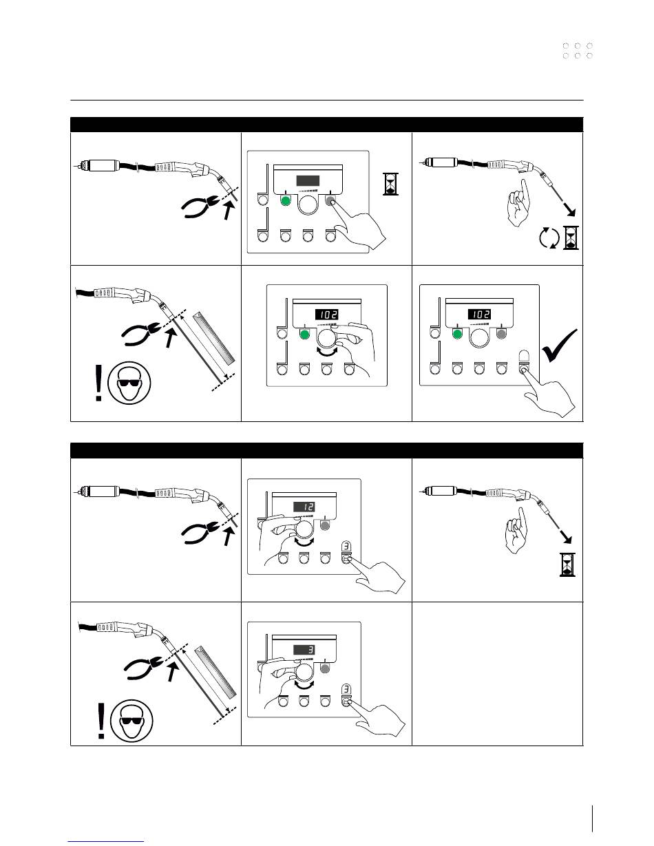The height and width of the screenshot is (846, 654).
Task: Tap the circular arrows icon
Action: (x=549, y=238)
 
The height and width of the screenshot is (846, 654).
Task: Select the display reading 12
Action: (x=304, y=507)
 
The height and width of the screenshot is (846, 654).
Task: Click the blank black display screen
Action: (x=308, y=180)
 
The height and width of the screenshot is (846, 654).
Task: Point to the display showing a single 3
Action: (x=304, y=650)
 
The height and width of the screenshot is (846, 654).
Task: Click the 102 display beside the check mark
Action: (x=479, y=314)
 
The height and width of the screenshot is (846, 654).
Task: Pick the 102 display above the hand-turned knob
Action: (x=326, y=314)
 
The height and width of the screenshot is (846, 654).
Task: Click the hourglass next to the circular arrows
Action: (x=571, y=237)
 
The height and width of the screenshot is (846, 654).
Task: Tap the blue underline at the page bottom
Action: (x=106, y=841)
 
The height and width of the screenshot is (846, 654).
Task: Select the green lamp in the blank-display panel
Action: (x=286, y=201)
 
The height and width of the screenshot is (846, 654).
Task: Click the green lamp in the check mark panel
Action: (x=457, y=334)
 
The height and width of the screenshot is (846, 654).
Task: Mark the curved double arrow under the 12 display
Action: (x=304, y=542)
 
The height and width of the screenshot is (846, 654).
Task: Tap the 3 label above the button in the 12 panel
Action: (x=346, y=546)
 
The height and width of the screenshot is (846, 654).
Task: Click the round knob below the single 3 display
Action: (x=304, y=673)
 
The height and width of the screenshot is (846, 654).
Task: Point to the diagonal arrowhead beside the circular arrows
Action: (x=571, y=211)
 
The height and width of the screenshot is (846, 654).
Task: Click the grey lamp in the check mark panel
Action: (x=501, y=334)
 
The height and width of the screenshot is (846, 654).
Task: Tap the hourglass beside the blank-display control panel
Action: (x=390, y=184)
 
